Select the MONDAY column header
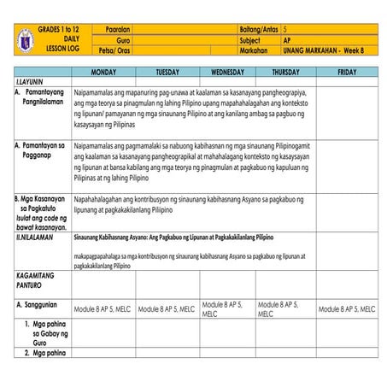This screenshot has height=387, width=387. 103,72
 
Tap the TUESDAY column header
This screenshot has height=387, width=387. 167,72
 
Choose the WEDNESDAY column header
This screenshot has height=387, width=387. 227,72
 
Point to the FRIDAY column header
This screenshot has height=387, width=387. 347,72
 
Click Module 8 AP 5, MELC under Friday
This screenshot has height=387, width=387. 346,308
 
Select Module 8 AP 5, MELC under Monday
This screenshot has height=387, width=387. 103,308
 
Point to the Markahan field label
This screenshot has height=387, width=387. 253,50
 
